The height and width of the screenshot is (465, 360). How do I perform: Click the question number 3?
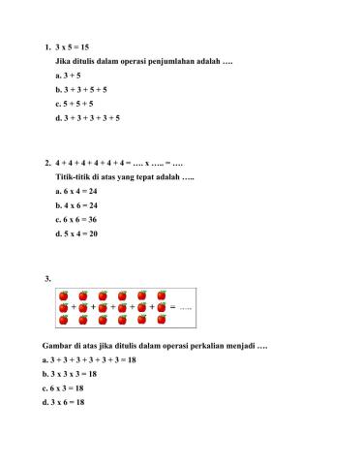(47, 279)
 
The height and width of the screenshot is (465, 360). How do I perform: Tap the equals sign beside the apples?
(172, 307)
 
